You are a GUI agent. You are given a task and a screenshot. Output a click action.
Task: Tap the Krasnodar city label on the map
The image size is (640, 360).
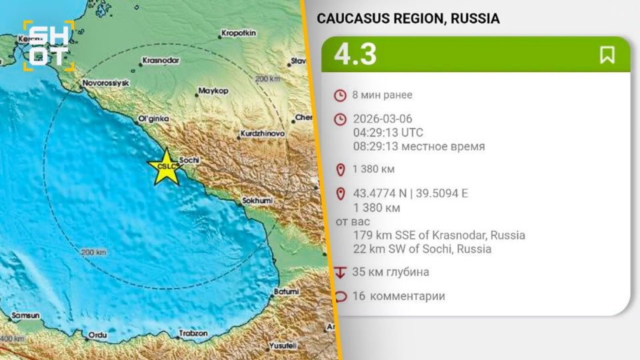(x=161, y=60)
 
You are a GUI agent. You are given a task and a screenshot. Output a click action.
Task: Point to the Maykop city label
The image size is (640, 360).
(x=213, y=90)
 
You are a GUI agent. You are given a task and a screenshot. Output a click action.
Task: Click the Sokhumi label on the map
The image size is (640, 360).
(x=255, y=200)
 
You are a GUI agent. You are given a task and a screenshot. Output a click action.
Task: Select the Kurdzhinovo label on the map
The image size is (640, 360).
(x=262, y=134)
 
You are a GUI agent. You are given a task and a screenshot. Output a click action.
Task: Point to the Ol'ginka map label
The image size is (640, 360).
(x=151, y=119)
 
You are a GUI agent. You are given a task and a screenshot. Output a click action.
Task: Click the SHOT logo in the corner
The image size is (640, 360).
(x=49, y=45)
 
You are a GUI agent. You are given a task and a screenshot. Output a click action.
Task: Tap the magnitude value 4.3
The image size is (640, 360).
(x=355, y=55)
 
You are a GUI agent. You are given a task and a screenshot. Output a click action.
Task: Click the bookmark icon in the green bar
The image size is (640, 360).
(x=607, y=55)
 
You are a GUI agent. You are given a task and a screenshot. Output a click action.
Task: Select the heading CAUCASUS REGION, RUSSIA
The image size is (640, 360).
(x=408, y=19)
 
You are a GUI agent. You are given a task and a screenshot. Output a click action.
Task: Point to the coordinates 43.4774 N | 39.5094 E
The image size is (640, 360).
(x=411, y=194)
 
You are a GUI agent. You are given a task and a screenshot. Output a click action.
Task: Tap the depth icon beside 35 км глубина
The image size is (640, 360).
(x=341, y=272)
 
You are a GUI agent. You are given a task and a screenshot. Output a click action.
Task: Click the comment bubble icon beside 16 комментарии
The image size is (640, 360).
(x=341, y=297)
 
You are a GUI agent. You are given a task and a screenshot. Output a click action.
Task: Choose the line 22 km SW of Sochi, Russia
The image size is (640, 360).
(x=423, y=249)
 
